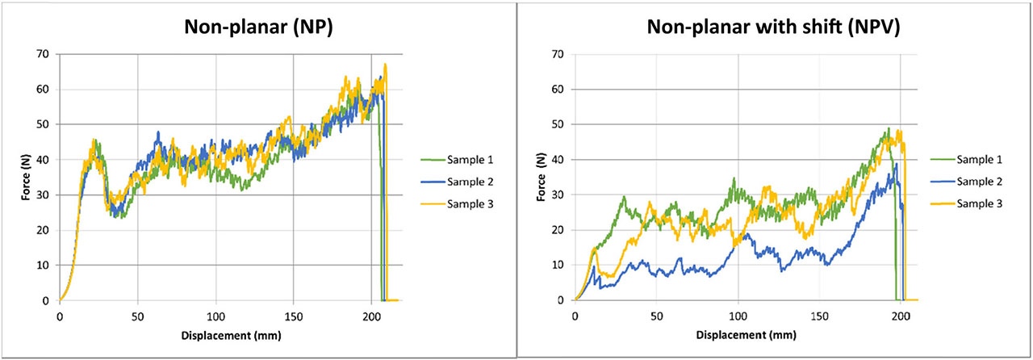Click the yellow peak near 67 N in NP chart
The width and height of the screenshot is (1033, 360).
click(385, 64)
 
